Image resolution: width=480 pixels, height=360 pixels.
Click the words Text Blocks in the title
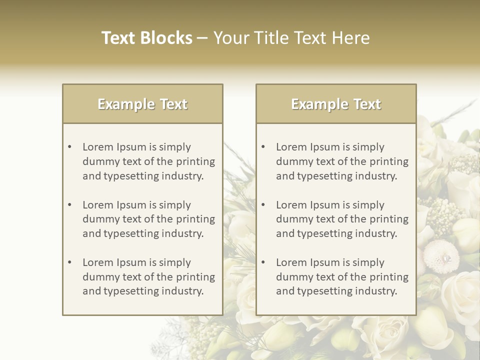[x=147, y=38]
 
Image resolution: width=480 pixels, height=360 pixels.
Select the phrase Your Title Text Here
[x=291, y=38]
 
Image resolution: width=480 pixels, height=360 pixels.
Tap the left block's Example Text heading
[x=142, y=104]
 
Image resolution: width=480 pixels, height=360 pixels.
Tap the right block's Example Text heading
[x=336, y=104]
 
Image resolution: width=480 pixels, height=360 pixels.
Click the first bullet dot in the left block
[x=70, y=147]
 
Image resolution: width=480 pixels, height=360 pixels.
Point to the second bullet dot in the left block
[x=70, y=205]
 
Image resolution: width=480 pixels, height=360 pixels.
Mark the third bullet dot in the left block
[x=70, y=262]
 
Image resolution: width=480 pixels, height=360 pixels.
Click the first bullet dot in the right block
[x=263, y=147]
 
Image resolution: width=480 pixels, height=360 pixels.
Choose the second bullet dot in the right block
[x=263, y=205]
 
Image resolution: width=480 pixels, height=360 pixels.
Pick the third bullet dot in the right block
[x=263, y=262]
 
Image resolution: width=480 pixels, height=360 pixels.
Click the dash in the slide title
[x=202, y=38]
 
